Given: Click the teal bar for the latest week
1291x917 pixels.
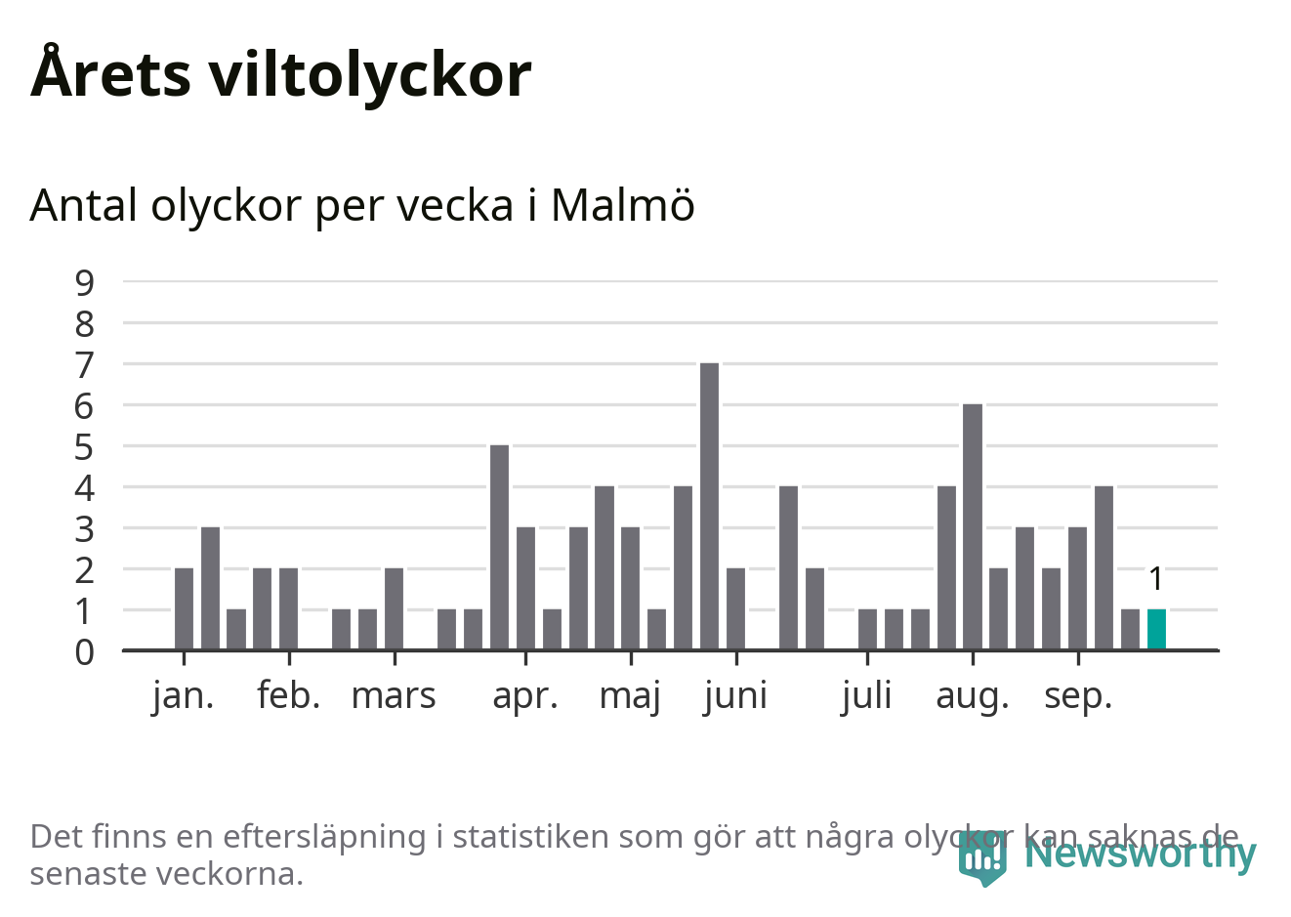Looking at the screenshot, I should pyautogui.click(x=1156, y=629).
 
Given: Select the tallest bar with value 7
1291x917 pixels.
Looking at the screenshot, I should pyautogui.click(x=710, y=506).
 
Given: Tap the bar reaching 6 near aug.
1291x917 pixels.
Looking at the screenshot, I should pyautogui.click(x=973, y=526).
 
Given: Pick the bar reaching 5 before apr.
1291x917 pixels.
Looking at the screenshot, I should pyautogui.click(x=500, y=547).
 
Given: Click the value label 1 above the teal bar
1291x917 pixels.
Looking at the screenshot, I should pyautogui.click(x=1156, y=579).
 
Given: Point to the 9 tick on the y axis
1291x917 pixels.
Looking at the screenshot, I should pyautogui.click(x=85, y=282).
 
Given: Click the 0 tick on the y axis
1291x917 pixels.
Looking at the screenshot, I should pyautogui.click(x=85, y=651).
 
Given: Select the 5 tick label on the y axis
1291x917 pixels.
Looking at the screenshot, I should pyautogui.click(x=85, y=447).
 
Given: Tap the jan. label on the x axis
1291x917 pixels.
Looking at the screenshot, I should pyautogui.click(x=184, y=695).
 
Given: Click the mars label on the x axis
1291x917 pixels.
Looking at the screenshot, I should pyautogui.click(x=394, y=695).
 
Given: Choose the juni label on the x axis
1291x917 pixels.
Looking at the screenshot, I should pyautogui.click(x=735, y=695).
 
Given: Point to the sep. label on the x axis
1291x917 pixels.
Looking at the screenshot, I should pyautogui.click(x=1078, y=695).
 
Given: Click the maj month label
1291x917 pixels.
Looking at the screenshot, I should pyautogui.click(x=631, y=695).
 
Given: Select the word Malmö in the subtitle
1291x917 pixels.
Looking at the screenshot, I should pyautogui.click(x=623, y=205).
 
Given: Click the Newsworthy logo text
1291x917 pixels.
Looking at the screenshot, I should pyautogui.click(x=1141, y=853).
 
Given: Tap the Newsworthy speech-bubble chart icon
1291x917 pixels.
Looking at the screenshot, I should pyautogui.click(x=982, y=858).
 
